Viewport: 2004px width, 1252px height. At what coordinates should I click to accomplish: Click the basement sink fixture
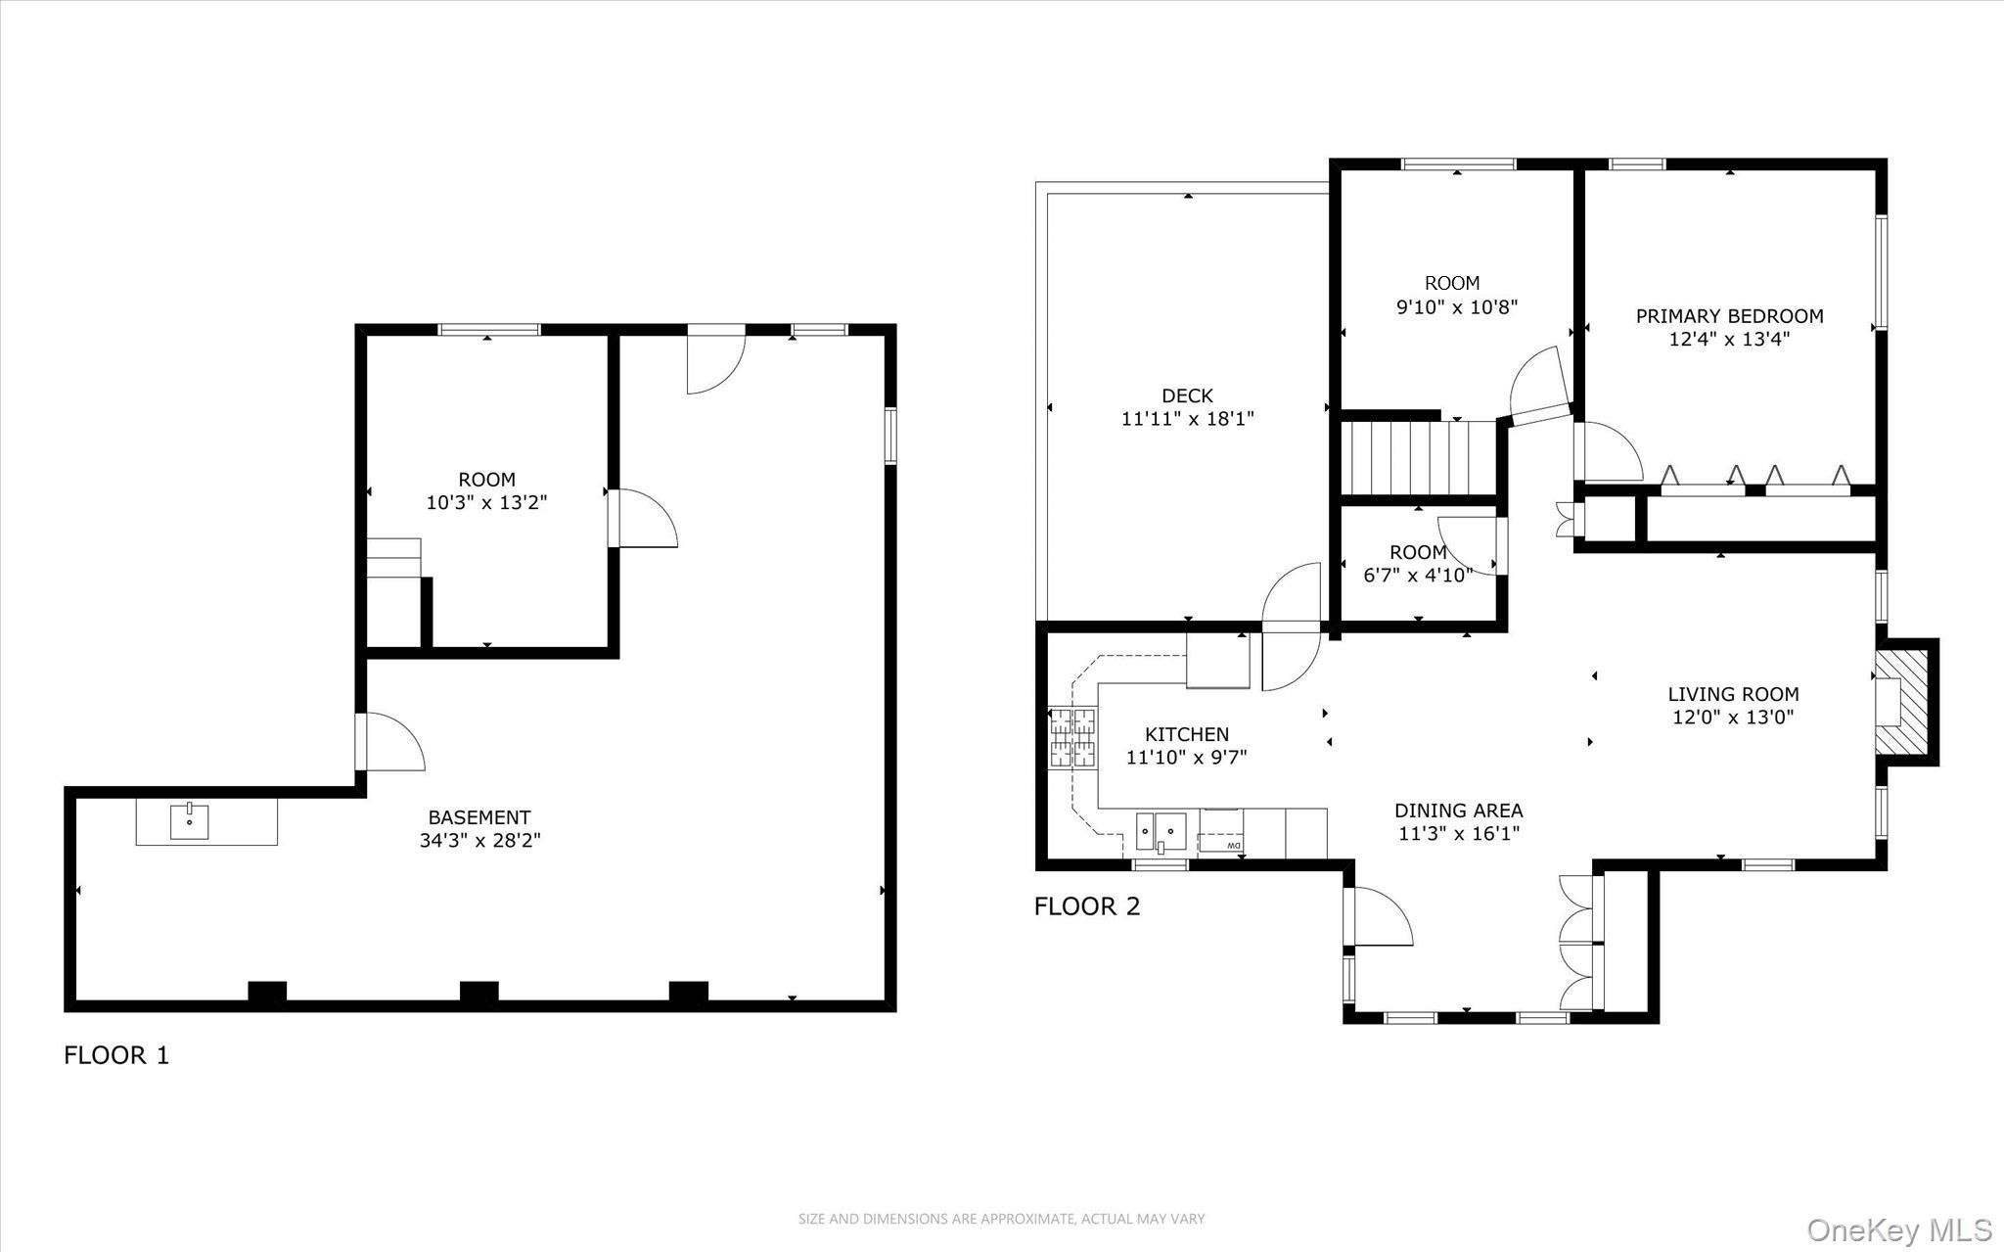pos(189,821)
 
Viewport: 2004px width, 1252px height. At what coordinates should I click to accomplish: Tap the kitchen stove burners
pos(1072,737)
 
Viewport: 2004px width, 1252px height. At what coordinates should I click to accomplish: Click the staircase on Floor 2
pos(1418,458)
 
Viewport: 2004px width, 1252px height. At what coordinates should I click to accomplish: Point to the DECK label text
pos(1187,395)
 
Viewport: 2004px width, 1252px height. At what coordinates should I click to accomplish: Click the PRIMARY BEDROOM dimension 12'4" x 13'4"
pos(1729,340)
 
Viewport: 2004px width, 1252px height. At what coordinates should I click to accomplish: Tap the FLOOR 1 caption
pos(116,1055)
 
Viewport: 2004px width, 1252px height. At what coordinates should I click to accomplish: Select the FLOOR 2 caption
pos(1087,906)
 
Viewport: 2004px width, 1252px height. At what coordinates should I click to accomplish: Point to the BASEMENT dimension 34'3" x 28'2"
pos(479,840)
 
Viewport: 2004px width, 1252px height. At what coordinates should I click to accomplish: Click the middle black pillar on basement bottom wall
pos(478,992)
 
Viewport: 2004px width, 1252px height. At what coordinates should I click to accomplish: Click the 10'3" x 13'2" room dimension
pos(486,503)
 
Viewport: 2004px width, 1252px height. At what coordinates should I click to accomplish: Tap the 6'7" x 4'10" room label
pos(1418,575)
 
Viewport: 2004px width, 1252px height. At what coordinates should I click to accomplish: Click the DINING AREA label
pos(1458,811)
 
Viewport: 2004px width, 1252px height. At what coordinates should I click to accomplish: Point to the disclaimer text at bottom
pos(1001,1219)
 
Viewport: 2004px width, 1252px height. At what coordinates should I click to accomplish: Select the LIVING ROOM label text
pos(1733,694)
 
